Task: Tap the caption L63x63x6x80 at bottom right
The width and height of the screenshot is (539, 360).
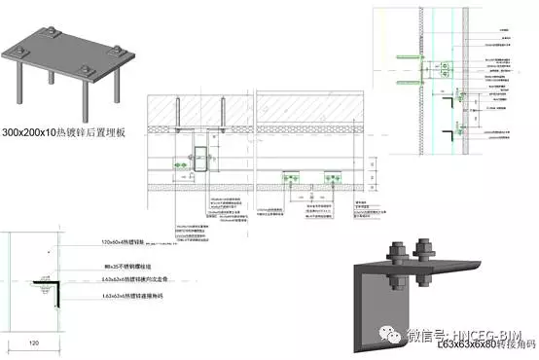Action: pyautogui.click(x=481, y=344)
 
